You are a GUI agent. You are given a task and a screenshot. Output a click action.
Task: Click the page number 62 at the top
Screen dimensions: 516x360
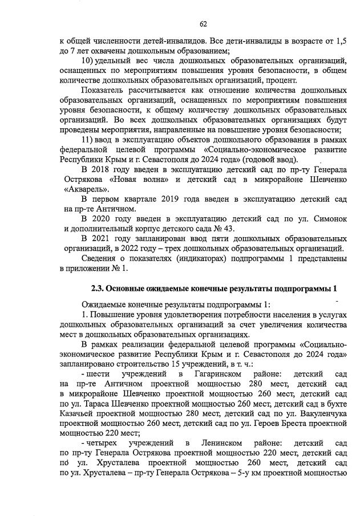point(203,23)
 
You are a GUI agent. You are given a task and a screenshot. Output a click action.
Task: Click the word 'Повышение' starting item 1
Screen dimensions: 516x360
point(112,314)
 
